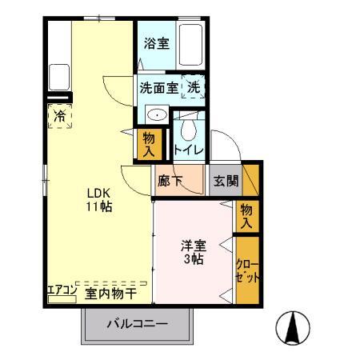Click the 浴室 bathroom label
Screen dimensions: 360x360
pos(156,45)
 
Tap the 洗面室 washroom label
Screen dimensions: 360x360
pos(158,86)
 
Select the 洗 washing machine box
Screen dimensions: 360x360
pos(194,86)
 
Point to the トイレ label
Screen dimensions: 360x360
pos(190,150)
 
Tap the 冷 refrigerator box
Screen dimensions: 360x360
pos(60,117)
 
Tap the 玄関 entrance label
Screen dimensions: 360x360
pos(226,181)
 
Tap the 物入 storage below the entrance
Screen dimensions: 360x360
pos(247,214)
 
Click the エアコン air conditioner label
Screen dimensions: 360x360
pos(61,292)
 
